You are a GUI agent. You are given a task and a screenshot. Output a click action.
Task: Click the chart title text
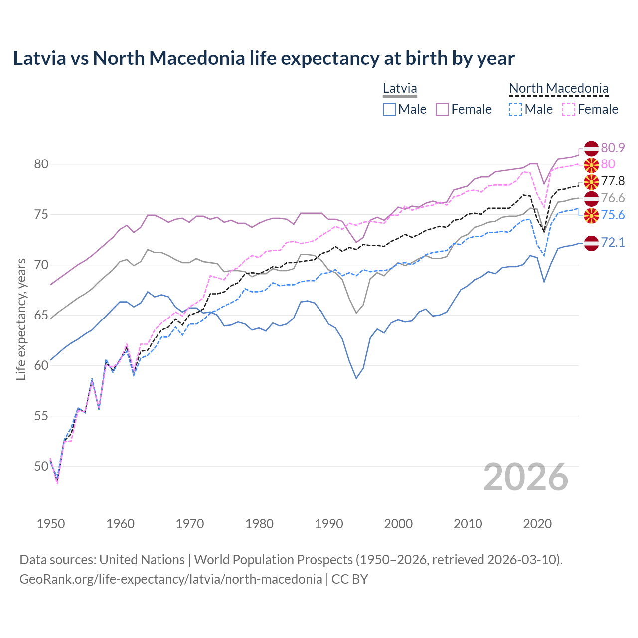coord(264,58)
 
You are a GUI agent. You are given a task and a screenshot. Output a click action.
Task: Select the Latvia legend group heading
coord(400,89)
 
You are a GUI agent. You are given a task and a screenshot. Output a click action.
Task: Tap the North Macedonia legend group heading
coord(559,89)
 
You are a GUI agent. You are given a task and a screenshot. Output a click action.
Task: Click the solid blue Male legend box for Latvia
coord(389,109)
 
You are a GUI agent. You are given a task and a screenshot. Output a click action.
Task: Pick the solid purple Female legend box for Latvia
coord(442,109)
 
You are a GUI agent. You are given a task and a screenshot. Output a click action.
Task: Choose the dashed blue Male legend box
coord(515,109)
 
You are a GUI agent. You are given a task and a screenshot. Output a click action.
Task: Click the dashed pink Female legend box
coord(568,109)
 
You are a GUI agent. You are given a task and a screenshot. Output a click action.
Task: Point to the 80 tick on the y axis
coord(41,164)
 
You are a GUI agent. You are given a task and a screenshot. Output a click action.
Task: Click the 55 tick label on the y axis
coord(41,416)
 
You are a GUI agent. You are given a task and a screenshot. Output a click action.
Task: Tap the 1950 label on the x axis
coord(51,524)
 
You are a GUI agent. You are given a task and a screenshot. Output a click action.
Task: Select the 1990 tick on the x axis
coord(329,524)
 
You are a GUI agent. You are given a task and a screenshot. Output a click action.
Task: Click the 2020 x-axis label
coord(537,524)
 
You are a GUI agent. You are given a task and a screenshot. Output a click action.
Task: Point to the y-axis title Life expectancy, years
coord(21,319)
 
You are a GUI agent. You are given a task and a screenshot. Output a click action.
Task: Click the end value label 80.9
coord(613,148)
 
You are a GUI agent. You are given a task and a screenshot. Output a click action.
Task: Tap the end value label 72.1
coord(613,243)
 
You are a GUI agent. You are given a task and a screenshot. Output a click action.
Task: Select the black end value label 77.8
coord(613,181)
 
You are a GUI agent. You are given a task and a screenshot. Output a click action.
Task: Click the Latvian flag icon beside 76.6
coord(591,198)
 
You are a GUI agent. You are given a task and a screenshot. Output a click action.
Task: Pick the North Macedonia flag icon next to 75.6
coord(591,215)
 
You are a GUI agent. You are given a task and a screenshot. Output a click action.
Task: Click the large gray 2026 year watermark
coord(526,477)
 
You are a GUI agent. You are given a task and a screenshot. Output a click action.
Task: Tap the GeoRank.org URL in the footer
coord(170,579)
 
